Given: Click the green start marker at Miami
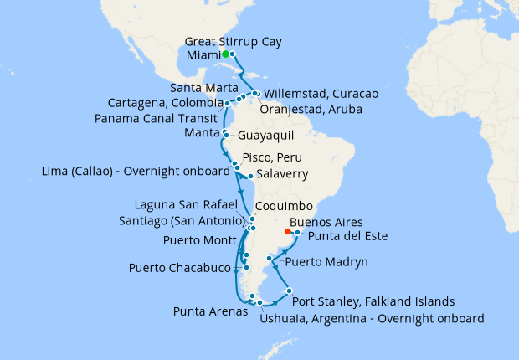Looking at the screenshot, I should pos(224,54).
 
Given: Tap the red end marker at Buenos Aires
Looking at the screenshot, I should pos(288,232).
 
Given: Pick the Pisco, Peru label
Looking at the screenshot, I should pos(272,157).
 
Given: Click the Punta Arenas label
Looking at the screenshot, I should pos(210,311).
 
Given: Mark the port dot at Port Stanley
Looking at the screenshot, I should pos(289,291).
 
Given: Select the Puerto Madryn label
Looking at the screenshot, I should pos(326,262).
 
